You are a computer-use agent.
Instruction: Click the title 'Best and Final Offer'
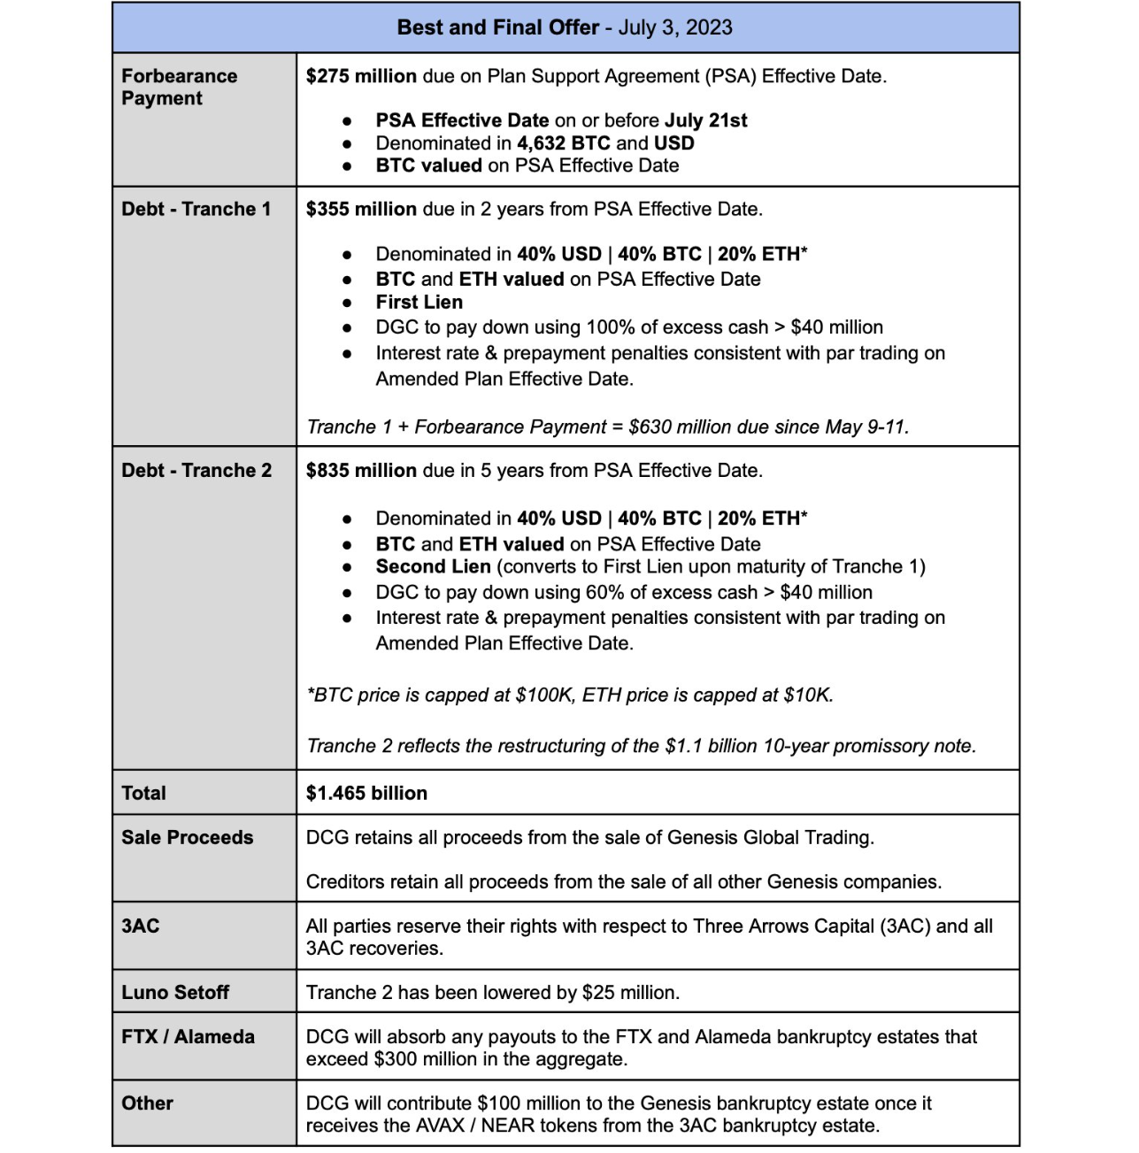497,27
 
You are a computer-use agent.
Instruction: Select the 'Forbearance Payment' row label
179,87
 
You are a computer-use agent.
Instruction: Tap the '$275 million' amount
361,76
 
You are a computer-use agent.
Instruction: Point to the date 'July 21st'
705,120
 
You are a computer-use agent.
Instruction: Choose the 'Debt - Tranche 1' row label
196,209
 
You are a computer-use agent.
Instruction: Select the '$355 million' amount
361,209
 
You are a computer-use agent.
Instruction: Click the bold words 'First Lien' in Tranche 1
419,303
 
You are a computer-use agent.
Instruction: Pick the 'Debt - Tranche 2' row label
196,470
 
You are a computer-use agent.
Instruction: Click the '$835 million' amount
361,470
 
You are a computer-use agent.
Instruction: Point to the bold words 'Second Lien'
433,566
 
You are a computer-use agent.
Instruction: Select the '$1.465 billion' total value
366,793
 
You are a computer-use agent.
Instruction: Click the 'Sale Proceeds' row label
187,837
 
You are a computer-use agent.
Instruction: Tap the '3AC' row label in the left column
140,926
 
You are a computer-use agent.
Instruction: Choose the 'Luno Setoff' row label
174,993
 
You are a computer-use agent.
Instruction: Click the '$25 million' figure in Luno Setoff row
628,993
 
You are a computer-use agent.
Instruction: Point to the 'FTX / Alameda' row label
188,1037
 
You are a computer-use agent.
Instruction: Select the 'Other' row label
147,1103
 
